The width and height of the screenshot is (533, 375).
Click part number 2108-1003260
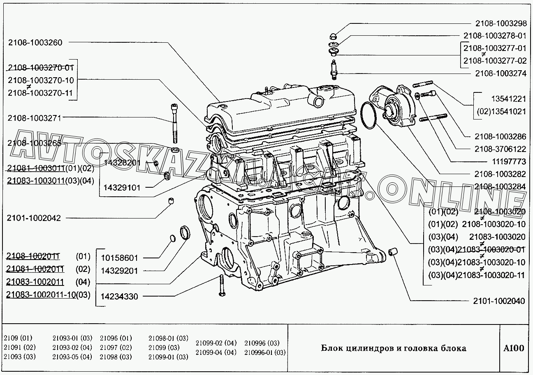click(x=35, y=42)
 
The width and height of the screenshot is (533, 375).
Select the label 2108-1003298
click(x=500, y=23)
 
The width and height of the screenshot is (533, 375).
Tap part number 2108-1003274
click(x=500, y=74)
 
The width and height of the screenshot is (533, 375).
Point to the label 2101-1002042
click(x=34, y=218)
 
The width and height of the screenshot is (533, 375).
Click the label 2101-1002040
click(x=499, y=301)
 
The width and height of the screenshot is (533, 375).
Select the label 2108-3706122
click(x=500, y=149)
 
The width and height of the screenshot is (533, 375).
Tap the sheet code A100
click(x=514, y=349)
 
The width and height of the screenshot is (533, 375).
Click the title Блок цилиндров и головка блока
click(x=394, y=349)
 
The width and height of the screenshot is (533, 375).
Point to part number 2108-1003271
click(x=34, y=118)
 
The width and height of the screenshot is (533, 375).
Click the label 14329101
click(x=122, y=188)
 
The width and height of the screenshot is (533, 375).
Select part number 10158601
click(x=120, y=258)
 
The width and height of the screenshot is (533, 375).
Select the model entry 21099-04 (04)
click(x=216, y=352)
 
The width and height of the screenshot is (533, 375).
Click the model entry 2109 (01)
click(x=18, y=338)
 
